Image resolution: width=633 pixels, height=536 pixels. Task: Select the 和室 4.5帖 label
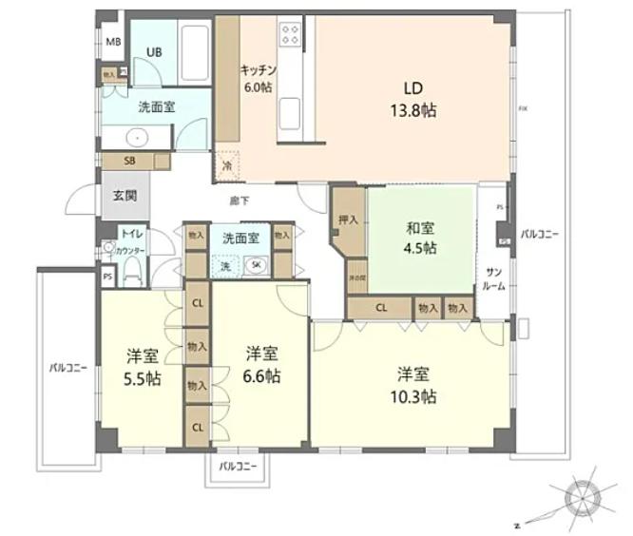click(421, 238)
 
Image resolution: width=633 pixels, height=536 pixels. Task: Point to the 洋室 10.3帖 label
click(416, 384)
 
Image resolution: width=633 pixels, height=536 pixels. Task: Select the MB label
click(113, 42)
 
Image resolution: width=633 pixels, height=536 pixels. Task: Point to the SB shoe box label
click(132, 161)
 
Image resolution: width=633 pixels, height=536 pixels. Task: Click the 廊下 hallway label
click(239, 201)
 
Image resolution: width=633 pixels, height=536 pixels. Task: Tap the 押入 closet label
click(348, 220)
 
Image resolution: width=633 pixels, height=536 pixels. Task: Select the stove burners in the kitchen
click(289, 36)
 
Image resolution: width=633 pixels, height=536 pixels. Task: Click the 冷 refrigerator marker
click(227, 165)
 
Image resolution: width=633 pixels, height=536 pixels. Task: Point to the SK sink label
click(258, 266)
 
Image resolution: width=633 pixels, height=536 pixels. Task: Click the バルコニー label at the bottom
click(238, 467)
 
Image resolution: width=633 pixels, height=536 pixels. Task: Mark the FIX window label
click(522, 109)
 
